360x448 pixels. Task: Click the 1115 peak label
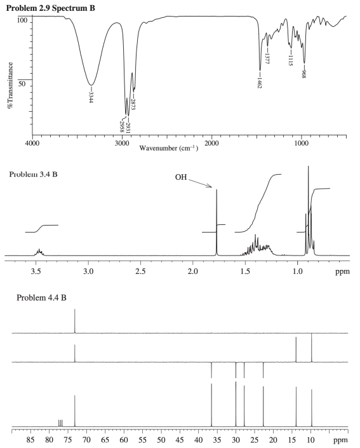point(290,60)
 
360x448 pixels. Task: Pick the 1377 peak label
point(268,58)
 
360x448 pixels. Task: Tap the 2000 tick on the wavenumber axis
point(212,144)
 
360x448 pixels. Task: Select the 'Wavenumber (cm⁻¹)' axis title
point(168,148)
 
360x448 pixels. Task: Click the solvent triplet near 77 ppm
point(60,424)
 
